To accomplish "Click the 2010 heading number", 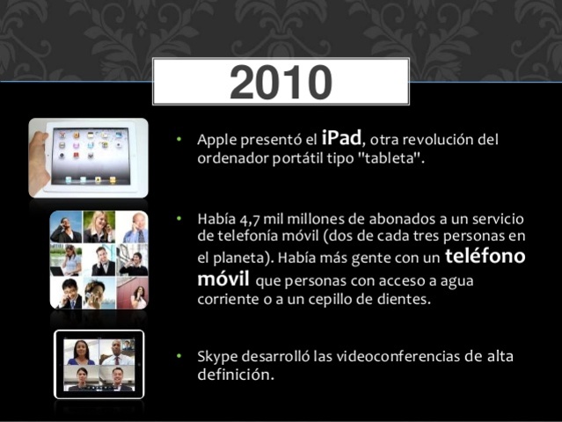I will tap(281, 82).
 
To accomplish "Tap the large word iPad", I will tap(341, 137).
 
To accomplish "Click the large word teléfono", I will tap(485, 256).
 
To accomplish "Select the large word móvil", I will tap(223, 280).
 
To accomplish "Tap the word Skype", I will tap(216, 357).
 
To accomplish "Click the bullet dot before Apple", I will tap(178, 140).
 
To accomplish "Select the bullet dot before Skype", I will tap(178, 357).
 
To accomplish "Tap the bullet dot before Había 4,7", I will tap(178, 218).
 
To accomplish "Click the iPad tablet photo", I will tap(88, 158).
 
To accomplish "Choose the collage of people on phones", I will tap(99, 259).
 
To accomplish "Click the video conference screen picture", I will tap(99, 364).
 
